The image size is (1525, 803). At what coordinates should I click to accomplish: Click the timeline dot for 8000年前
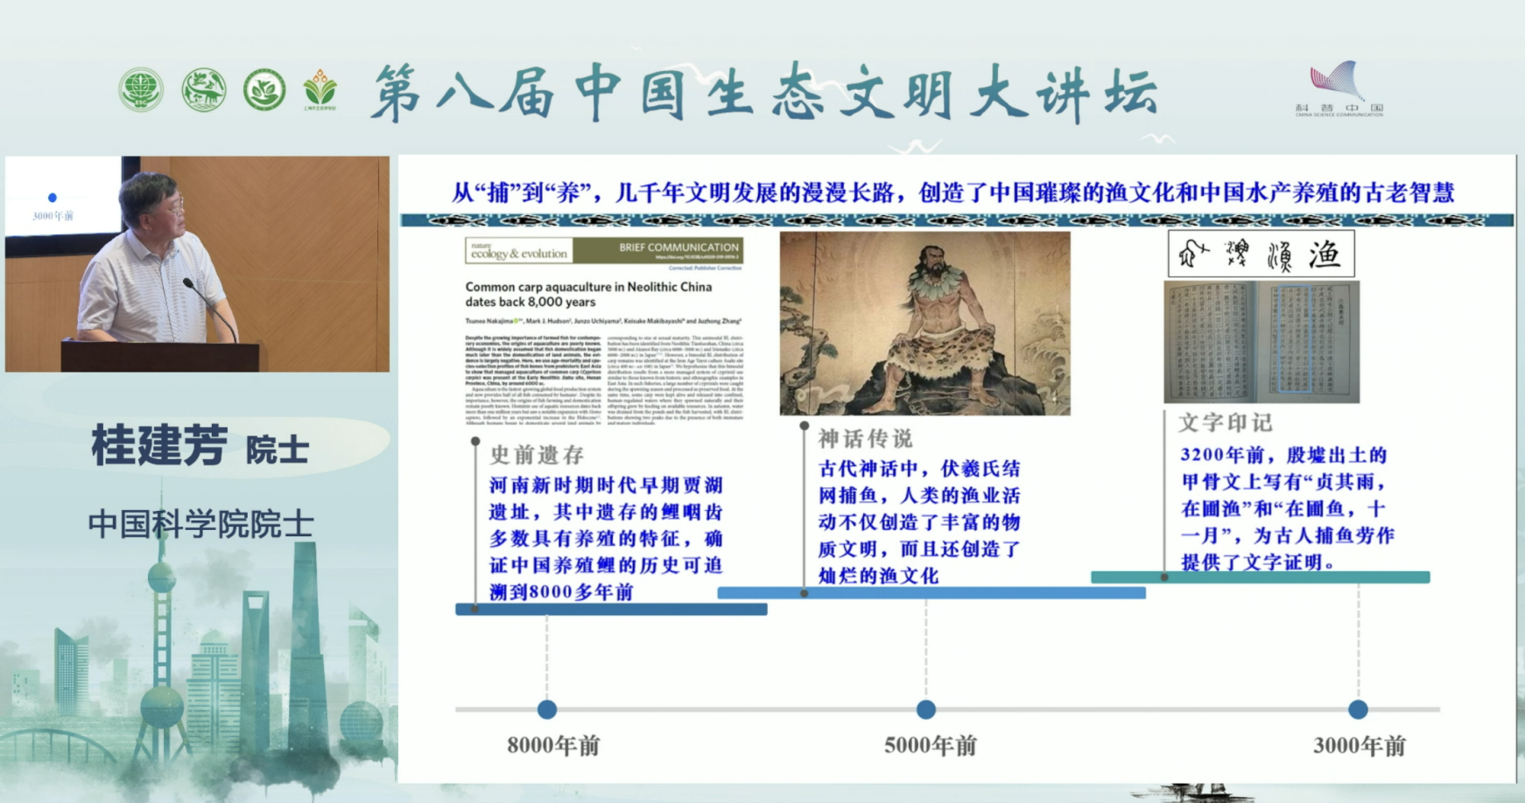point(547,709)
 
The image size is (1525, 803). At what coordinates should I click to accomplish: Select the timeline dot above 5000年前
point(926,709)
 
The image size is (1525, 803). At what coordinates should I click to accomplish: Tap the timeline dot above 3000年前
point(1358,709)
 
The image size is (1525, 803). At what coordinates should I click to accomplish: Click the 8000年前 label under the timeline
point(553,746)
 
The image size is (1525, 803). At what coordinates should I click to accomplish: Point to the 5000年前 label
point(930,746)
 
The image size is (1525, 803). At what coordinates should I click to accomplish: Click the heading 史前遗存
point(537,455)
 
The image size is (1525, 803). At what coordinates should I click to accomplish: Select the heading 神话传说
point(865,438)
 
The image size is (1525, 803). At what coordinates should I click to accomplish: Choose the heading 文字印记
point(1225,423)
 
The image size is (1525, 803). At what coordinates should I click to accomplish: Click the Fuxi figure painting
point(924,323)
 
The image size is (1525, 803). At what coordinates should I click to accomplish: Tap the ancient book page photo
point(1261,342)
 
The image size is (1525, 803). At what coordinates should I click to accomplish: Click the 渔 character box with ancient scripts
point(1261,254)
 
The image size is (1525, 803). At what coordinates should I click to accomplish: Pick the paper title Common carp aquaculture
point(588,294)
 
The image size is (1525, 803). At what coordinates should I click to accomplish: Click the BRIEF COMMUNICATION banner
point(678,248)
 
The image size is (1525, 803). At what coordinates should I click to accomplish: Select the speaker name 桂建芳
point(160,445)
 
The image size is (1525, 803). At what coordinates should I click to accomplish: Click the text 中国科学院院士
point(200,524)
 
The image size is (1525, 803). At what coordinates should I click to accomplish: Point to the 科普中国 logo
point(1339,88)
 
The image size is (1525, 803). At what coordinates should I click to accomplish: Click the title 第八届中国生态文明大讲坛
point(765,92)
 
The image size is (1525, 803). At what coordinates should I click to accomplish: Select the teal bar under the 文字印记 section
point(1260,577)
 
